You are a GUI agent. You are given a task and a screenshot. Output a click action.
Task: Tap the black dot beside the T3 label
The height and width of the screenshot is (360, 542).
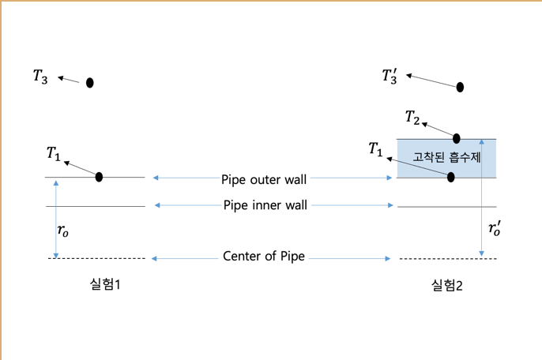tap(90, 83)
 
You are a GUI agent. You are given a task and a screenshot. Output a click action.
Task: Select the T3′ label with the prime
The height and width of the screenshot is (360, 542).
tap(390, 77)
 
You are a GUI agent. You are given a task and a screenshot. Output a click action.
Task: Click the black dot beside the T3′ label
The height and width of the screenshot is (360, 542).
tap(460, 87)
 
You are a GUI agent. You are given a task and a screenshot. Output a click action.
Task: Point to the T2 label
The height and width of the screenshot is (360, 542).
tap(412, 118)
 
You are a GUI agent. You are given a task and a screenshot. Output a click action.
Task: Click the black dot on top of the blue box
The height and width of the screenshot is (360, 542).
tap(456, 138)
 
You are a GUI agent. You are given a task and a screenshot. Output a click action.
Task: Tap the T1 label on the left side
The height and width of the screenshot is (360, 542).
tap(54, 153)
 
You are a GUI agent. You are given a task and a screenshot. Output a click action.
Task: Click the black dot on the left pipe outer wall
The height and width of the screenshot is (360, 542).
tap(99, 177)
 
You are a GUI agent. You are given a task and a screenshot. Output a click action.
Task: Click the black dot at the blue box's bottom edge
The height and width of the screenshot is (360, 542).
tap(451, 178)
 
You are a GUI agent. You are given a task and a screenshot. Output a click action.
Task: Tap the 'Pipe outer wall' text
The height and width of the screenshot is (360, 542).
tap(264, 179)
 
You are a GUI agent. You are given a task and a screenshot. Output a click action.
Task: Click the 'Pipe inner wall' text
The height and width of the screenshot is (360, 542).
tap(264, 205)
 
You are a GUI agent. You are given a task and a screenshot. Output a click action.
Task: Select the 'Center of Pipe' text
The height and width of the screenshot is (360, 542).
tap(264, 257)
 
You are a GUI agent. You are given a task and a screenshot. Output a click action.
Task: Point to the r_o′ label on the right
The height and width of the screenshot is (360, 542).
tap(495, 230)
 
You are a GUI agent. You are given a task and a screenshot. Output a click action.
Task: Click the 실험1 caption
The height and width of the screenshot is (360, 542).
tap(105, 283)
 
